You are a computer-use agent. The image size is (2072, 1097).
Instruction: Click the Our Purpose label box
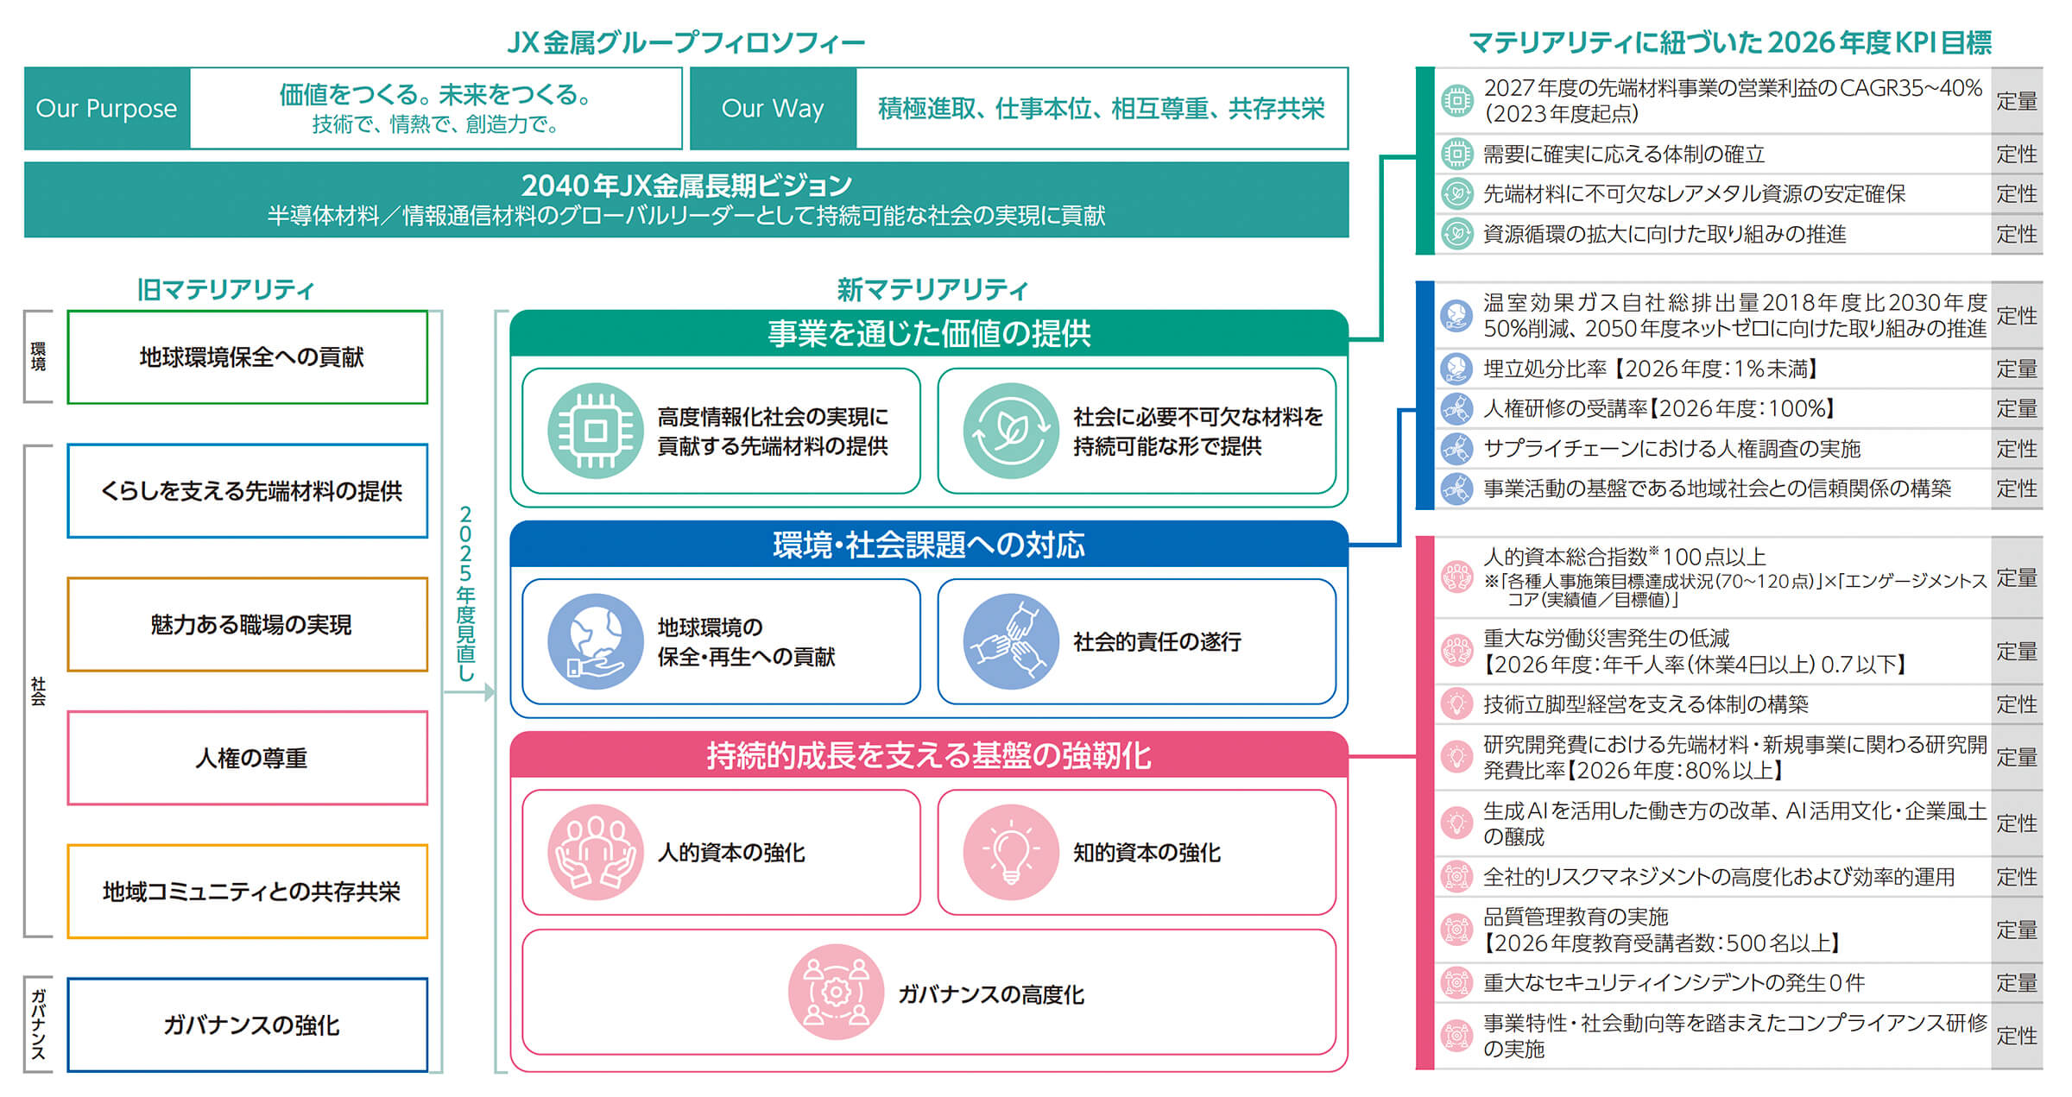click(107, 109)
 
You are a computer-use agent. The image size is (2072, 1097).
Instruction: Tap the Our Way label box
click(773, 109)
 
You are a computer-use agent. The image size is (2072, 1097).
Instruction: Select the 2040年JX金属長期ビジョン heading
click(686, 185)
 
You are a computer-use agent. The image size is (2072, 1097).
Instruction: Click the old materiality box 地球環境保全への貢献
click(248, 357)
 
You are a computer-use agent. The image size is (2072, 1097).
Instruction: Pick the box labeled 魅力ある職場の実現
click(248, 625)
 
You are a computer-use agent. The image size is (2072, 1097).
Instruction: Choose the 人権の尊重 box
click(248, 758)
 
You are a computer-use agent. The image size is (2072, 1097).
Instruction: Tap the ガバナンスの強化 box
click(248, 1025)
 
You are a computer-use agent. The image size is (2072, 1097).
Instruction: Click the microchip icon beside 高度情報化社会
click(595, 431)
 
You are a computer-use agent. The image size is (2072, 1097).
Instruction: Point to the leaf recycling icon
click(1011, 431)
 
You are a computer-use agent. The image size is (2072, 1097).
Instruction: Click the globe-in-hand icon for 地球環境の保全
click(595, 641)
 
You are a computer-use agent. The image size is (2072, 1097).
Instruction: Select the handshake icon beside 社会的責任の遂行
click(1011, 641)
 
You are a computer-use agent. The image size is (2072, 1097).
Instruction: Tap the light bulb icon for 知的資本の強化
click(1011, 853)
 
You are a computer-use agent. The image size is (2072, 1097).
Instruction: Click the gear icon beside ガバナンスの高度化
click(836, 993)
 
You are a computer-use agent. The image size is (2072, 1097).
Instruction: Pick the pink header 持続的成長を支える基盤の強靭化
click(929, 755)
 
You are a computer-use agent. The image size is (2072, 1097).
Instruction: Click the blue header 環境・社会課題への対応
click(929, 545)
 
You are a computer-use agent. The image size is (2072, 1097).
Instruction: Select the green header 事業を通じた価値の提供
click(929, 333)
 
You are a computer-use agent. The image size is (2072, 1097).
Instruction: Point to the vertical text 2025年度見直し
click(466, 594)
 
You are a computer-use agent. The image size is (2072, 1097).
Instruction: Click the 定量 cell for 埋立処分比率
click(2017, 369)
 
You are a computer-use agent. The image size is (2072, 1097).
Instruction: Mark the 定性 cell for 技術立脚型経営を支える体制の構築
click(2017, 704)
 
